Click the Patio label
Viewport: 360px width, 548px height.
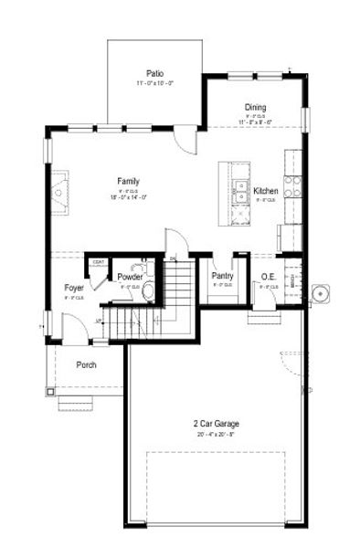click(x=154, y=73)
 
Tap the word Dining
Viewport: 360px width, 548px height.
click(x=255, y=107)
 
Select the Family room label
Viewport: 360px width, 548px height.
click(x=127, y=181)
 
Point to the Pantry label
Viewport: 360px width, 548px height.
click(x=222, y=275)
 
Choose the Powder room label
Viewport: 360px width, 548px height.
click(x=129, y=276)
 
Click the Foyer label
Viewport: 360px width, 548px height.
click(x=74, y=288)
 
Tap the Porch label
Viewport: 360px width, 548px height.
click(x=86, y=364)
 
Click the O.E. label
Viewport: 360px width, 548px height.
click(x=269, y=276)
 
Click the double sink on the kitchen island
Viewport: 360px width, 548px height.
click(x=241, y=191)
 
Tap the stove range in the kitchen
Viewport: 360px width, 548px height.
click(x=293, y=186)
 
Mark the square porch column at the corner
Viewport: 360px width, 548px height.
click(x=49, y=391)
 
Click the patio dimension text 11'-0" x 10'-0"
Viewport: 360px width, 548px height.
click(x=154, y=83)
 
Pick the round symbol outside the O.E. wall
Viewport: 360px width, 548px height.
click(x=320, y=294)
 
